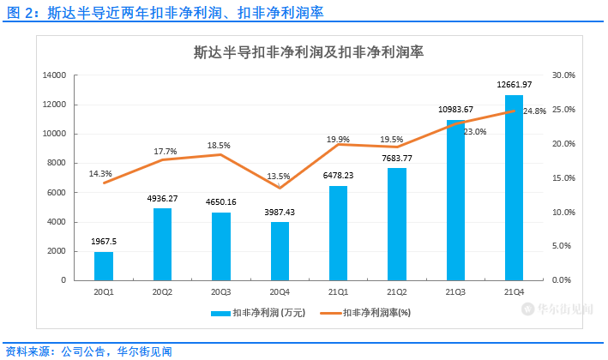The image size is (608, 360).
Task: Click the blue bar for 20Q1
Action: (104, 266)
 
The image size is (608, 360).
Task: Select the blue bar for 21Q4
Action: (514, 188)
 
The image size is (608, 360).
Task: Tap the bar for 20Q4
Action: (280, 251)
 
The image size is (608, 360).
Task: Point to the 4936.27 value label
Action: (163, 198)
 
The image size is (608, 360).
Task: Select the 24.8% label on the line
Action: (534, 111)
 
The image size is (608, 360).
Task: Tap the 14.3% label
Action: (100, 174)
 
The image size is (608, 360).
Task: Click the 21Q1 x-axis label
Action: (339, 291)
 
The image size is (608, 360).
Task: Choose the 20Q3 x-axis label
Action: (221, 291)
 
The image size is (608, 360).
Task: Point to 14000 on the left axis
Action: (53, 75)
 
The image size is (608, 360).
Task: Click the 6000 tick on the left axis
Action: (56, 193)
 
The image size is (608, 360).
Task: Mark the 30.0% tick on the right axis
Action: (563, 75)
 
